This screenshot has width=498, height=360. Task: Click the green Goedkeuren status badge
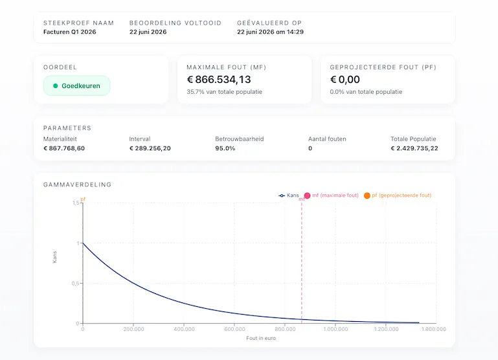click(76, 85)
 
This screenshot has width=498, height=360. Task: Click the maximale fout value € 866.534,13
click(219, 80)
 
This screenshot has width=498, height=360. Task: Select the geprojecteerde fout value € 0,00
click(345, 80)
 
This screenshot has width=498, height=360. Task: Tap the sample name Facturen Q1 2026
click(69, 32)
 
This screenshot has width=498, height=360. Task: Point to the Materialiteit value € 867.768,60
click(64, 148)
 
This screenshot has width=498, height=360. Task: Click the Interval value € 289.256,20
click(150, 148)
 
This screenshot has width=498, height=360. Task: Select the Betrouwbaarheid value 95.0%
click(225, 148)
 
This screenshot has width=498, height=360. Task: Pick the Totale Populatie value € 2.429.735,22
click(414, 148)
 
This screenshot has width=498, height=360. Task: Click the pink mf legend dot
click(307, 196)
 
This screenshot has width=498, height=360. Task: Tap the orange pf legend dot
click(367, 196)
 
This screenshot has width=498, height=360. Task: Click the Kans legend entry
click(289, 196)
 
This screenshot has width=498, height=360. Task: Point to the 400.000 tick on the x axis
click(184, 329)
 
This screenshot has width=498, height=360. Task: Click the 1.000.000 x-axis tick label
click(335, 329)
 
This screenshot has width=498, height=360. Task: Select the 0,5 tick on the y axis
click(75, 284)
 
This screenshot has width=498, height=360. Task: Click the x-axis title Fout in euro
click(261, 338)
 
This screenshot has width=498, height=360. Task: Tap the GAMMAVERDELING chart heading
click(77, 185)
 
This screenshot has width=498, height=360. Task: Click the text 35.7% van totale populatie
click(225, 92)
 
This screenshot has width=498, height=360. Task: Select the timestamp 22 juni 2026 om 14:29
click(270, 32)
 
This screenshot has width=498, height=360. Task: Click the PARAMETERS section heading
click(67, 128)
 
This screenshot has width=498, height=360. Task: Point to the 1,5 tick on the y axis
click(76, 203)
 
